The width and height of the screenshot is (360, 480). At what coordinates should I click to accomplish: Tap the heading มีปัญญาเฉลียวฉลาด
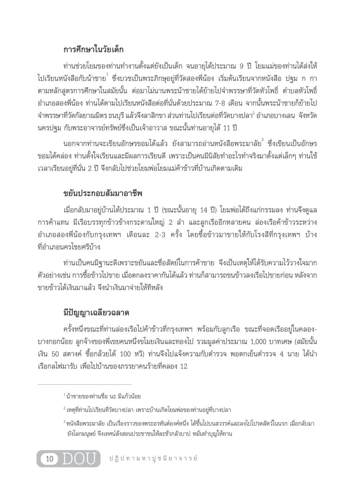click(x=96, y=312)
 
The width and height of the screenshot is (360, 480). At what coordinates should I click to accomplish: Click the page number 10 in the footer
click(x=50, y=459)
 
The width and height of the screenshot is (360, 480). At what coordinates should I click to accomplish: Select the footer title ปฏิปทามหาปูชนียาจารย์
click(x=153, y=458)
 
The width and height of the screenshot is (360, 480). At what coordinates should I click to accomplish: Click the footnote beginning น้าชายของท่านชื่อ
click(x=102, y=396)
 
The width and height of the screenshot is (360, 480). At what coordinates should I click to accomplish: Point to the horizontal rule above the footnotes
click(x=85, y=384)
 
